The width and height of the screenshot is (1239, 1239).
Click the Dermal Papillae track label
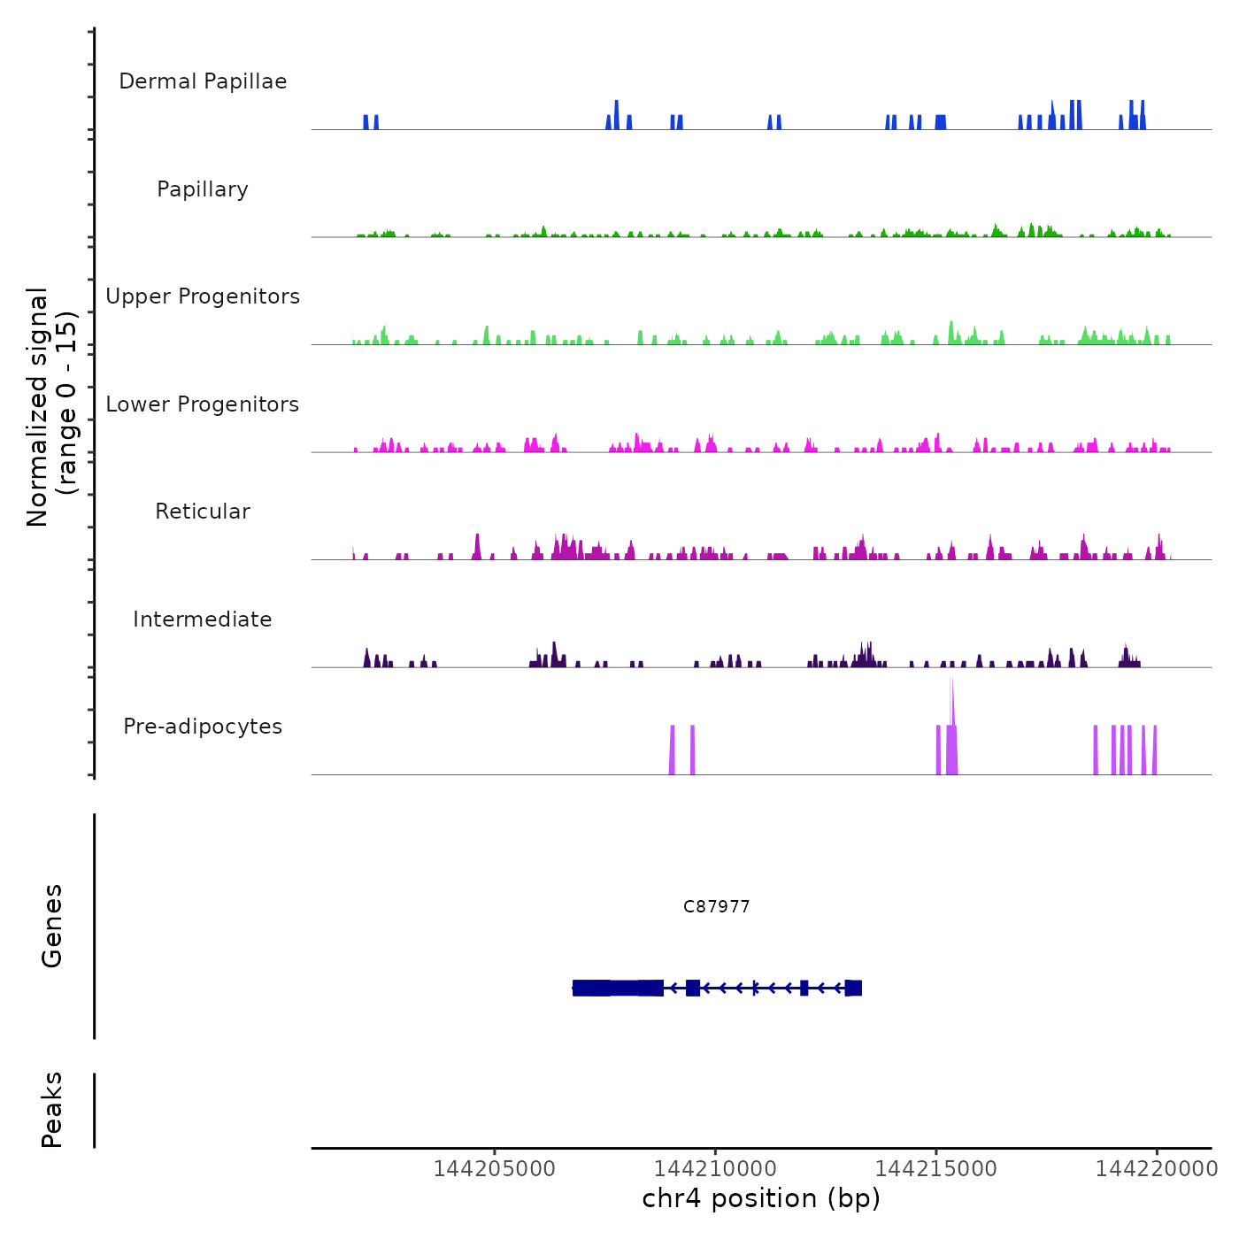tap(203, 81)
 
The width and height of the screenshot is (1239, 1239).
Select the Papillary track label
tap(203, 189)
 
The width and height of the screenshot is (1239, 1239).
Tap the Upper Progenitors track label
tap(203, 296)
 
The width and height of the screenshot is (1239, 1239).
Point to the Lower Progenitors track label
tap(203, 404)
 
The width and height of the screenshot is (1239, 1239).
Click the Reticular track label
tap(203, 512)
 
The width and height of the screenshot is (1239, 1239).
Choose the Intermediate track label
tap(203, 619)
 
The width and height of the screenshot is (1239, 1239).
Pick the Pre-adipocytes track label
tap(203, 727)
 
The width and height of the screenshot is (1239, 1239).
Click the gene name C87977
tap(717, 906)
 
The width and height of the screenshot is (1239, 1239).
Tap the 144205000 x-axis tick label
tap(494, 1169)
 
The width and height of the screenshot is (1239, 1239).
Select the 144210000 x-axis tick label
tap(715, 1169)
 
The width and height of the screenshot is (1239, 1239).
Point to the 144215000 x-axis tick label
tap(936, 1169)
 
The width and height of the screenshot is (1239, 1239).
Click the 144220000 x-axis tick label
tap(1157, 1169)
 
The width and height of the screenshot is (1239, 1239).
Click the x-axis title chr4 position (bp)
tap(761, 1198)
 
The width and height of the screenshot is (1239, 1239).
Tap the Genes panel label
tap(52, 926)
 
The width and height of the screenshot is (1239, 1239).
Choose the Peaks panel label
tap(52, 1110)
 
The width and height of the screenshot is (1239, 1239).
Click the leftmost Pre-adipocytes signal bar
tap(673, 750)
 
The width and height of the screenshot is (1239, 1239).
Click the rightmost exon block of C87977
tap(853, 988)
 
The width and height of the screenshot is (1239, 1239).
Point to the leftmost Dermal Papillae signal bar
tap(366, 122)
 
